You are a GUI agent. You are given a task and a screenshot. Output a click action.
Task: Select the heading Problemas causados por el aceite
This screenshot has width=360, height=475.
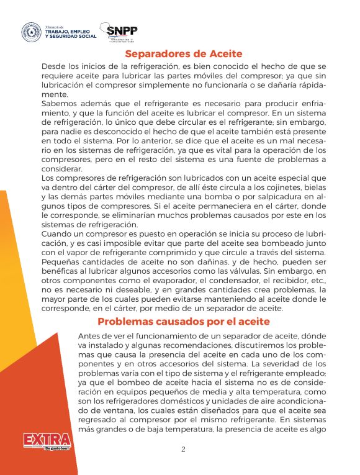pyautogui.click(x=183, y=322)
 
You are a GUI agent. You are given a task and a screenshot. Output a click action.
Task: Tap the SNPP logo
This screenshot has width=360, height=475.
pyautogui.click(x=122, y=32)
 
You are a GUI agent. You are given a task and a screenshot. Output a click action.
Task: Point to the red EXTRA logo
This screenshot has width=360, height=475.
pyautogui.click(x=47, y=440)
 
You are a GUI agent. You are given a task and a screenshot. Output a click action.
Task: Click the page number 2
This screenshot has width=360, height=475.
pyautogui.click(x=183, y=450)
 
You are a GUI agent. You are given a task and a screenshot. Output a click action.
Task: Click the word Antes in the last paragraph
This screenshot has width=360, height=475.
pyautogui.click(x=91, y=335)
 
